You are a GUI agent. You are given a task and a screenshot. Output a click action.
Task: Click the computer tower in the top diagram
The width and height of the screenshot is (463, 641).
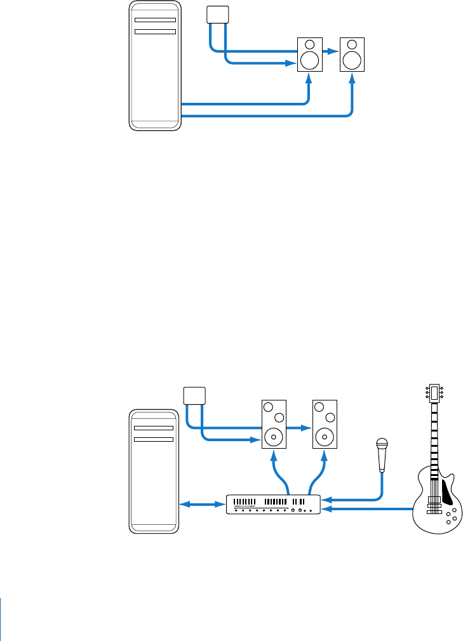[x=155, y=66]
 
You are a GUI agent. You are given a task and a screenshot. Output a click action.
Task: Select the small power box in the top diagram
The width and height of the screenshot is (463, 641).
[x=217, y=14]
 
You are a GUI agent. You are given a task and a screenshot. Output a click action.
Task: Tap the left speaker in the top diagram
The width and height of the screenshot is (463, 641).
[x=309, y=55]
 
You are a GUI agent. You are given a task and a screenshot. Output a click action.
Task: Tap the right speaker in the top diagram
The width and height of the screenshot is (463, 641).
[x=352, y=55]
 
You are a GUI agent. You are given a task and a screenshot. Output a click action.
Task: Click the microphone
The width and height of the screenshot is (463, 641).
[x=382, y=455]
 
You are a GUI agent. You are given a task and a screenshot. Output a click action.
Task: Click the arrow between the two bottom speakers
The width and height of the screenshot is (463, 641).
[x=299, y=428]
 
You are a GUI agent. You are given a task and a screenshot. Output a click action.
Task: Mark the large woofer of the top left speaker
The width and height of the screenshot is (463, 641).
[x=309, y=60]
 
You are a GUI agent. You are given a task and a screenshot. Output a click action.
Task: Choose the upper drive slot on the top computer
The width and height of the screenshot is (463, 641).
[x=155, y=20]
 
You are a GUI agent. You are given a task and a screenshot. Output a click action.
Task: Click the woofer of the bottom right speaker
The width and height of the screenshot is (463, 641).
[x=325, y=437]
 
